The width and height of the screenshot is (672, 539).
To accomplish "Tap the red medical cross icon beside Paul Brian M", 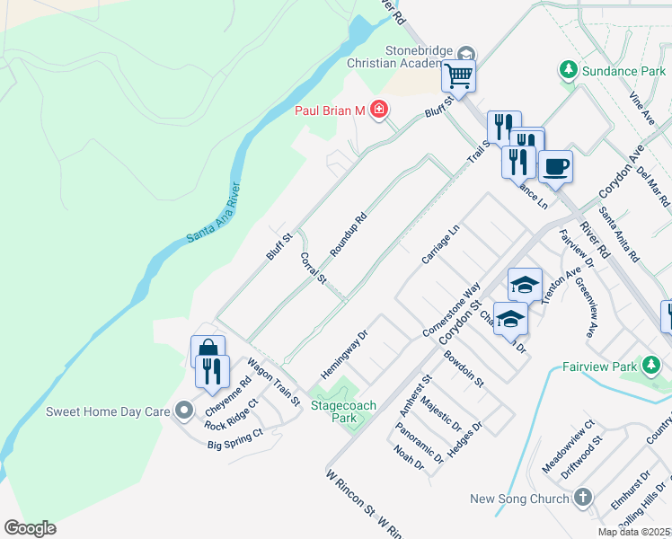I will pos(379,110).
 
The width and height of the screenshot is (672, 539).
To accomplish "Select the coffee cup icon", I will pos(555,166).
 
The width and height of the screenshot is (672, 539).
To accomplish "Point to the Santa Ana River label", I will pos(213,212).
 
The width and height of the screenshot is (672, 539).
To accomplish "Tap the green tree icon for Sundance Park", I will pos(568,70).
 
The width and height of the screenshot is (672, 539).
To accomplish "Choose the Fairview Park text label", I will pos(599,367).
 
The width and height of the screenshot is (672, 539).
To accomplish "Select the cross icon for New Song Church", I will pos(583,498).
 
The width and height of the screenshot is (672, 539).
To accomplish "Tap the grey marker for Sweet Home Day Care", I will pos(185,411).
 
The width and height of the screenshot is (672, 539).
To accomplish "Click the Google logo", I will pos(30,527).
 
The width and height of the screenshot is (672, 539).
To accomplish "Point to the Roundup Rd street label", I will pos(349,234).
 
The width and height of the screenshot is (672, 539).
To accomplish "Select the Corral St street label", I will pos(312,268).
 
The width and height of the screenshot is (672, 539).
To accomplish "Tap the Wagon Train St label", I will pos(273,383).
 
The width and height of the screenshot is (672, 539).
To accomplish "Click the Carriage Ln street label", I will pos(440,245).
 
